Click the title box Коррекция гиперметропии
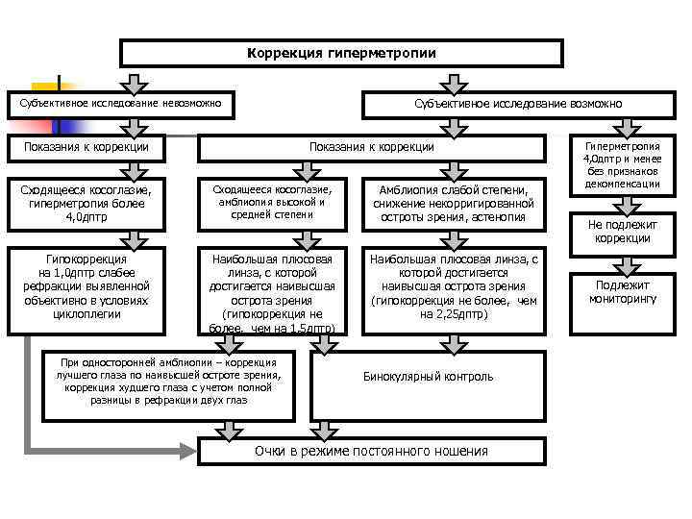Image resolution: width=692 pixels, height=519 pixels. pyautogui.click(x=341, y=53)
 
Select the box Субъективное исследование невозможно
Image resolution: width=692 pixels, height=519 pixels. pyautogui.click(x=120, y=103)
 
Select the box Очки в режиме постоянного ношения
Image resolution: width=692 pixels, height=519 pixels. pyautogui.click(x=371, y=452)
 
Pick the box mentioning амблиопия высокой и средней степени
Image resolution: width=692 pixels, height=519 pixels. pyautogui.click(x=274, y=203)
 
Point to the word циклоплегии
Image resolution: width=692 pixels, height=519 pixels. pyautogui.click(x=87, y=313)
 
